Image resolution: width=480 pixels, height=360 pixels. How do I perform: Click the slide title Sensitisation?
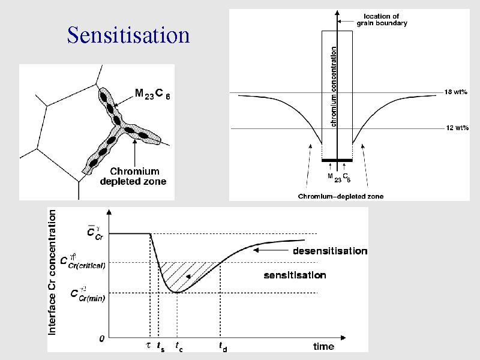(x=128, y=35)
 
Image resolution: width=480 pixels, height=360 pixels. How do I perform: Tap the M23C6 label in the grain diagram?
(x=152, y=94)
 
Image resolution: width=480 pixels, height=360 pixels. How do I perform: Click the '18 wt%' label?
(x=456, y=92)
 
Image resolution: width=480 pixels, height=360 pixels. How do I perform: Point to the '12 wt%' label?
(x=456, y=128)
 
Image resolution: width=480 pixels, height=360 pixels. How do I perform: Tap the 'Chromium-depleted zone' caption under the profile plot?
(x=341, y=196)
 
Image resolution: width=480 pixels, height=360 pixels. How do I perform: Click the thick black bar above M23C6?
(x=337, y=161)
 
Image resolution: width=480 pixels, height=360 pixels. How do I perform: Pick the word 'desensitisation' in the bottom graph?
(x=329, y=251)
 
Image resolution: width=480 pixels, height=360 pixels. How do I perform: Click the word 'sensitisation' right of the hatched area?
(x=295, y=275)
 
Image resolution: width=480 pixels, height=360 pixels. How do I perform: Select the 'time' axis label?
(x=323, y=346)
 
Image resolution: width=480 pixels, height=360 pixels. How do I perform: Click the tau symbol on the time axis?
(x=149, y=346)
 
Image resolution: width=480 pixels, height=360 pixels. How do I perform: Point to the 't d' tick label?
(x=222, y=347)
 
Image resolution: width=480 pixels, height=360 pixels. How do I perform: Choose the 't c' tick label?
(x=178, y=347)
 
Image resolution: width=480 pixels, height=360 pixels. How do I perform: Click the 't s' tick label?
(x=160, y=347)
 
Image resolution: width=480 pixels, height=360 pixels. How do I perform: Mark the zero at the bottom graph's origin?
(x=102, y=338)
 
